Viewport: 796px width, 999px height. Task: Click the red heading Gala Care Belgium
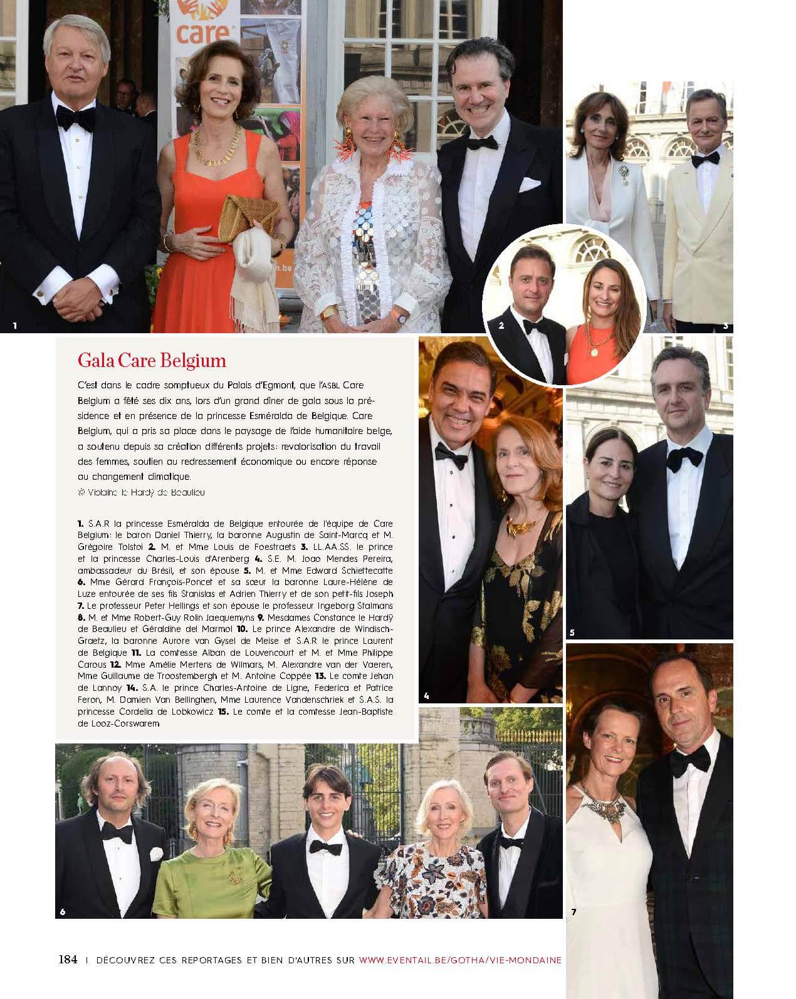click(x=151, y=361)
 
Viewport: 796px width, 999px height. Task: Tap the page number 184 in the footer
click(x=68, y=959)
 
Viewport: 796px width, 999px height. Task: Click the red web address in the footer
click(x=459, y=960)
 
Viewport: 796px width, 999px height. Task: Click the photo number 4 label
click(x=426, y=695)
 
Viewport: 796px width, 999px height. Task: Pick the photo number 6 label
click(x=62, y=911)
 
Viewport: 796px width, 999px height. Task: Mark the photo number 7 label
click(x=573, y=912)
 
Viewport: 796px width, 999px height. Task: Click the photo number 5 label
click(x=572, y=632)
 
